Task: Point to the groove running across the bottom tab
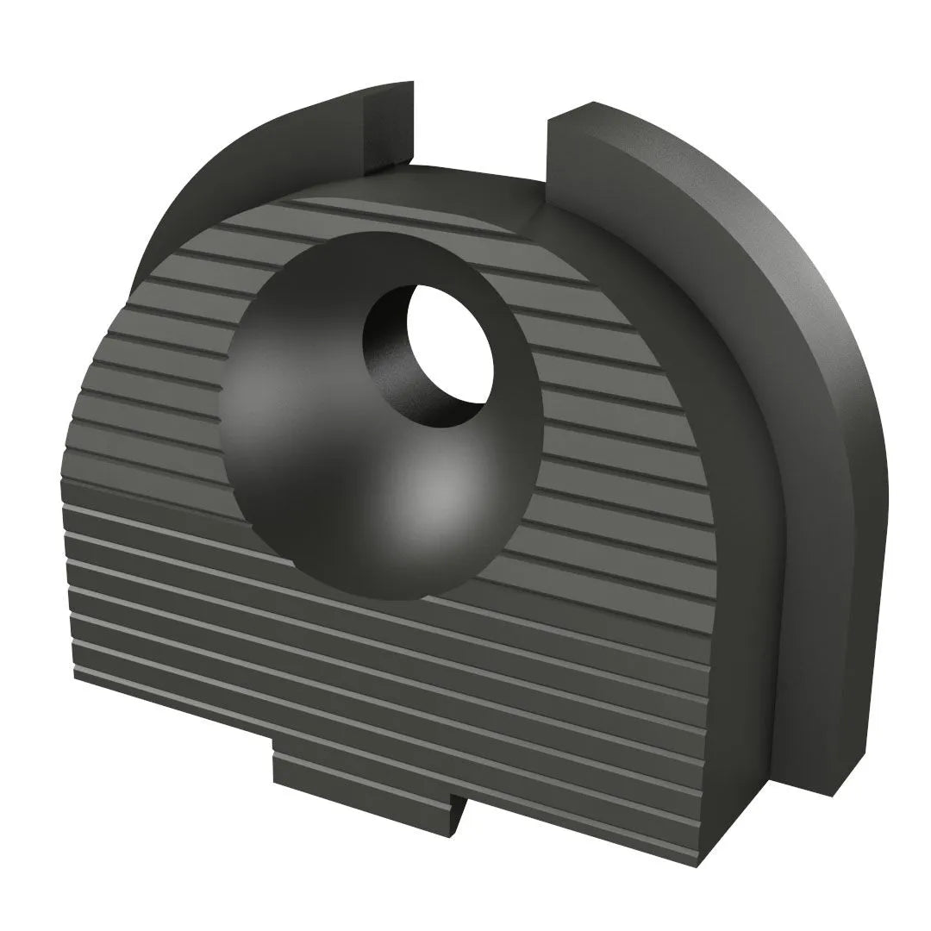click(x=362, y=772)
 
